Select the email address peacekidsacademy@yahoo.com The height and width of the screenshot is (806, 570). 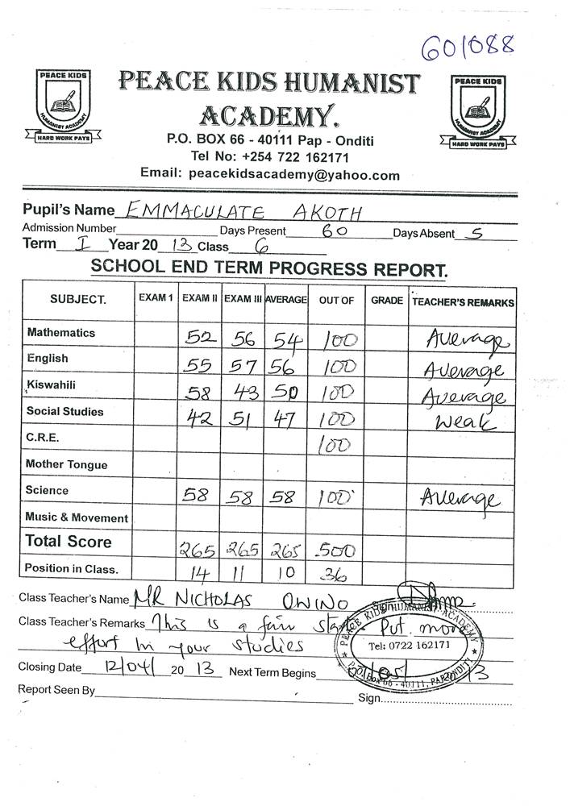click(x=294, y=174)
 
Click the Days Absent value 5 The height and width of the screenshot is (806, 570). click(x=477, y=234)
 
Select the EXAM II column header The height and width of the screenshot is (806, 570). click(x=200, y=299)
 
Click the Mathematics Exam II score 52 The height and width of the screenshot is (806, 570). click(x=197, y=338)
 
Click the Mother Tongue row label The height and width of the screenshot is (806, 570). click(x=66, y=464)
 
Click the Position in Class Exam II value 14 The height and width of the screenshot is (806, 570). click(x=198, y=575)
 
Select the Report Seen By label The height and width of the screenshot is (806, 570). click(x=56, y=690)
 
